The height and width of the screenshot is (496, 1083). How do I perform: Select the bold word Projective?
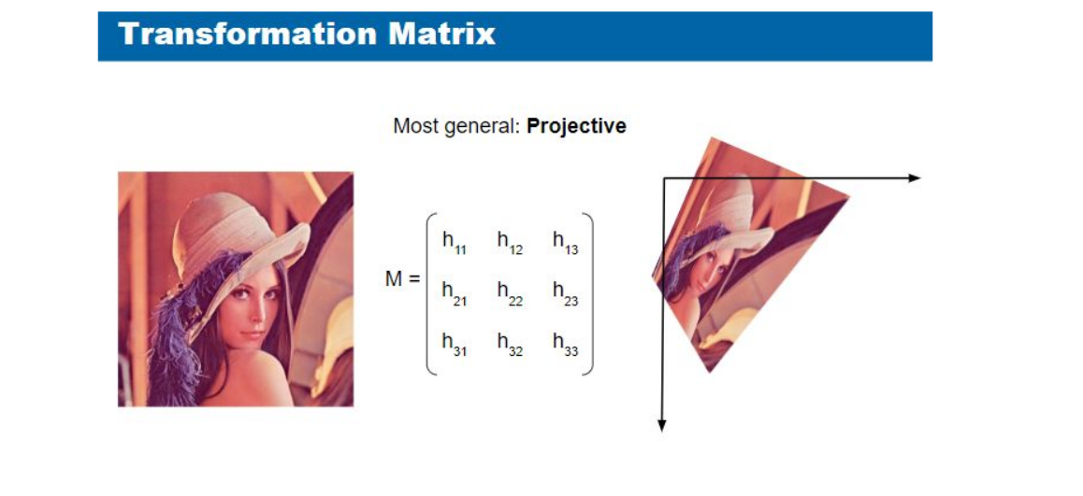576,127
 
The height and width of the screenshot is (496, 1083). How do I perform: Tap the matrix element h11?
455,243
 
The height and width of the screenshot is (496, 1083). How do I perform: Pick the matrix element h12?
510,243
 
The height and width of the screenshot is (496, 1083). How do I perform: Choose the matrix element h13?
565,243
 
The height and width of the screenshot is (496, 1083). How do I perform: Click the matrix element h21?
455,293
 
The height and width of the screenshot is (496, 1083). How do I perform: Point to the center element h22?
510,293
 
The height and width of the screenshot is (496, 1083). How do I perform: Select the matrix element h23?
565,293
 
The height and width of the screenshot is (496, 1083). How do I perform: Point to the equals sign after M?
413,280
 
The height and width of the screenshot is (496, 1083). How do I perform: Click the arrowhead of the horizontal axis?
915,178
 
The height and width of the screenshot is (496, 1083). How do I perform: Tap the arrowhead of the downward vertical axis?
662,425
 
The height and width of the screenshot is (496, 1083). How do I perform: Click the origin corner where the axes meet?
664,178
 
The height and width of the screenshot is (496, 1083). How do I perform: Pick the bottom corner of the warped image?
710,373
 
